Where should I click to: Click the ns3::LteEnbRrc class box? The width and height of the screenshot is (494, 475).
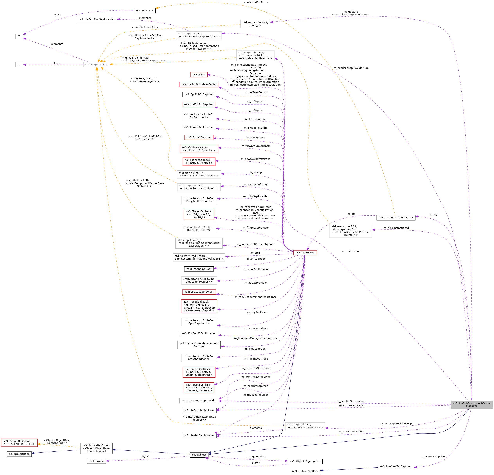[x=305, y=253]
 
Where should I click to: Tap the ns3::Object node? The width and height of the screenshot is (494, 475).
[x=199, y=455]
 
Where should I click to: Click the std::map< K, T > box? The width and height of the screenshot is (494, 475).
[x=96, y=65]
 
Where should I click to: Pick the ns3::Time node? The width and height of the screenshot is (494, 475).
[x=199, y=75]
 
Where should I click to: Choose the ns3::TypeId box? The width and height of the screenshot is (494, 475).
[x=96, y=461]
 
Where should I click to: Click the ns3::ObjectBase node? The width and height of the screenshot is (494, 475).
[x=19, y=454]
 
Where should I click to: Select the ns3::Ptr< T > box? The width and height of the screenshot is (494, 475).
[x=144, y=11]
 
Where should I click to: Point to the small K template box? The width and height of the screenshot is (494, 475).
[x=19, y=65]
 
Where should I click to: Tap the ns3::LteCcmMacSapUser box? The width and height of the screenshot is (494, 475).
[x=396, y=466]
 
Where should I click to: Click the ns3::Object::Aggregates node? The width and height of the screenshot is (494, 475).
[x=305, y=461]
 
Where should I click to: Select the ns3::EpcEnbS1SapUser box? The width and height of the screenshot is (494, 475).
[x=199, y=94]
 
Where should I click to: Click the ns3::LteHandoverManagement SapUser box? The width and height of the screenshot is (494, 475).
[x=199, y=345]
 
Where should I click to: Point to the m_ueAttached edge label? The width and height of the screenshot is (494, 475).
[x=351, y=251]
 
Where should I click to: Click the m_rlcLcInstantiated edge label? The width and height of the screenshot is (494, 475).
[x=396, y=228]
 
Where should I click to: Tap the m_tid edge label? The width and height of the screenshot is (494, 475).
[x=145, y=456]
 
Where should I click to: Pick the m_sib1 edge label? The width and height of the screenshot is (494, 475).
[x=256, y=253]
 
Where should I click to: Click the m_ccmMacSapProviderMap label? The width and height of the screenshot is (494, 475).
[x=351, y=68]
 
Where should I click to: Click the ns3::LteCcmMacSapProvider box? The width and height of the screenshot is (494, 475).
[x=96, y=19]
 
